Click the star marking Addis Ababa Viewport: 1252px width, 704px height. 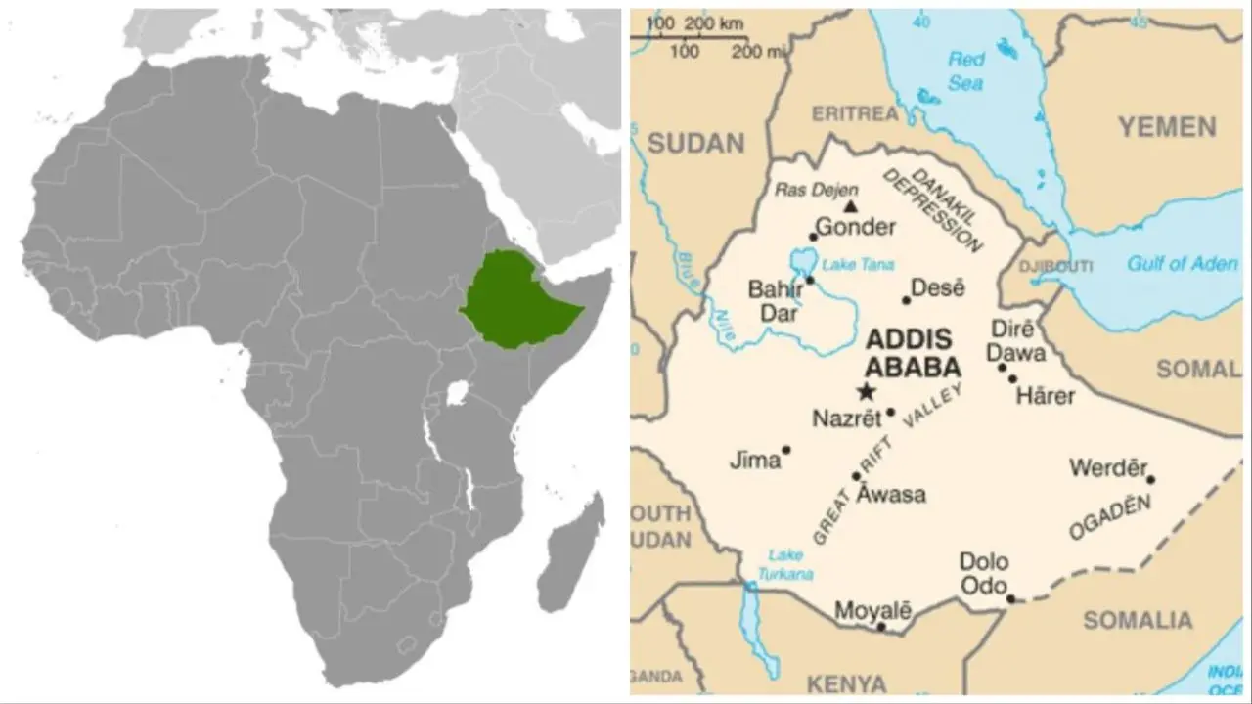pyautogui.click(x=866, y=392)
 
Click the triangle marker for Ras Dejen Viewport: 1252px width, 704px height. pyautogui.click(x=851, y=206)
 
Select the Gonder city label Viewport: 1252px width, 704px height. pyautogui.click(x=855, y=228)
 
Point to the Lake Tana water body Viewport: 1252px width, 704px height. pyautogui.click(x=802, y=261)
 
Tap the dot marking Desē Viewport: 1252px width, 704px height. pyautogui.click(x=906, y=299)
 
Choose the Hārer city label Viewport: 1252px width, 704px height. pyautogui.click(x=1045, y=396)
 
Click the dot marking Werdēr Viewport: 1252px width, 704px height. pyautogui.click(x=1150, y=479)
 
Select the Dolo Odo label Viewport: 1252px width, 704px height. pyautogui.click(x=983, y=572)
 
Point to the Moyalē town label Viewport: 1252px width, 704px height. pyautogui.click(x=872, y=611)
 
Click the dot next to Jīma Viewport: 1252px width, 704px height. pyautogui.click(x=785, y=450)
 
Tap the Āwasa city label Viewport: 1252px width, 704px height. pyautogui.click(x=890, y=494)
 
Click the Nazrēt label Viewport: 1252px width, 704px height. pyautogui.click(x=846, y=418)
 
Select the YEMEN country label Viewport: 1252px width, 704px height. pyautogui.click(x=1167, y=127)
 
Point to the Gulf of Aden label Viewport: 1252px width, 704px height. pyautogui.click(x=1182, y=264)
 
